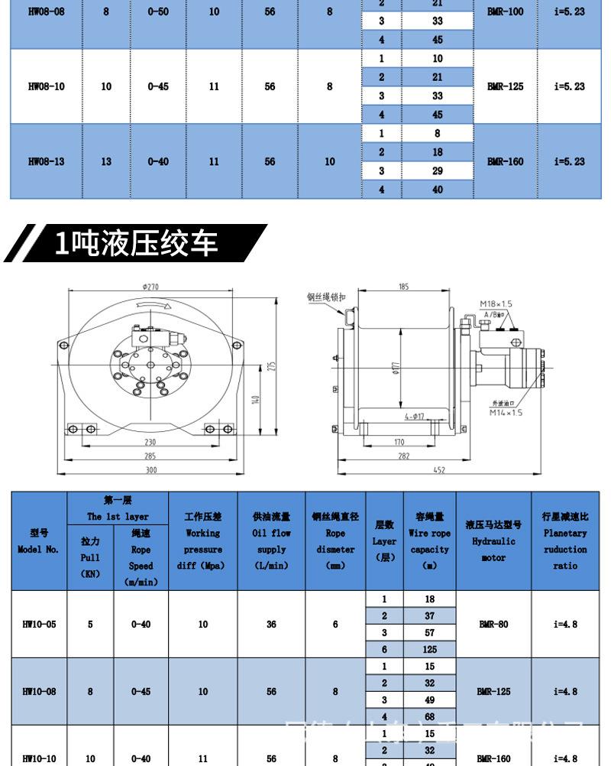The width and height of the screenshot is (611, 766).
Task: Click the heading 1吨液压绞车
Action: (137, 243)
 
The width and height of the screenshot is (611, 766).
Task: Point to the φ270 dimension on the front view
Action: (150, 287)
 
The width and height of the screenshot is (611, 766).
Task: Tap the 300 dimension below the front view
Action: (151, 470)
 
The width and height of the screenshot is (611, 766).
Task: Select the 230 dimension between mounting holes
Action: (150, 442)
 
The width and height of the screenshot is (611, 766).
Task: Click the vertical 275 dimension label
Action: (271, 365)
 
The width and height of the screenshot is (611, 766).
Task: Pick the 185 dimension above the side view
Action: (403, 287)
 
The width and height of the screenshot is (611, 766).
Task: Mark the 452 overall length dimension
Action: (439, 470)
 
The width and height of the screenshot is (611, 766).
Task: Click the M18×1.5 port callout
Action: (496, 303)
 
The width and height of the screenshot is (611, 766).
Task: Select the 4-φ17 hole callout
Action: (415, 417)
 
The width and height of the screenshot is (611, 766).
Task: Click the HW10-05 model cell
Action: (39, 624)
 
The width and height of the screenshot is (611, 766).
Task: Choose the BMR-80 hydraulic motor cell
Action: (493, 624)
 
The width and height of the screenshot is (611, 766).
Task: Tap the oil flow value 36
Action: (270, 624)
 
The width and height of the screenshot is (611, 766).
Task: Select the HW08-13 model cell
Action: (46, 161)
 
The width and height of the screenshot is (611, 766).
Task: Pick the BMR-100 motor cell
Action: (505, 11)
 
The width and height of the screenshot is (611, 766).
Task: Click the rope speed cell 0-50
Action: (158, 11)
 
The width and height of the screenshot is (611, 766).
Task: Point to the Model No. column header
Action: (39, 540)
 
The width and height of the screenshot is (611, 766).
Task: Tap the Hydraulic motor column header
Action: (493, 540)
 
